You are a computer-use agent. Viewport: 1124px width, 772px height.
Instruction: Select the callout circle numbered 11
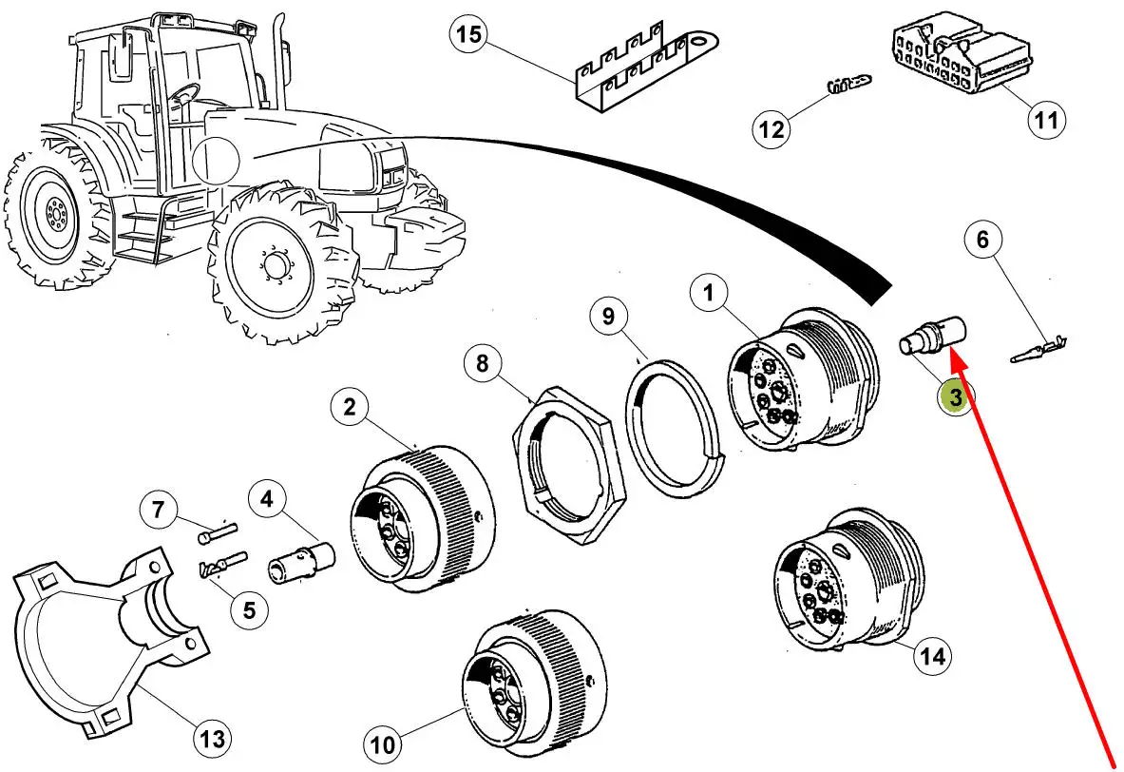click(x=1045, y=121)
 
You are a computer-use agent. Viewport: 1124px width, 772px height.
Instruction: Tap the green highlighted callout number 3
click(x=954, y=397)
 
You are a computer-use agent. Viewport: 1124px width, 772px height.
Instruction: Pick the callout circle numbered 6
click(x=983, y=240)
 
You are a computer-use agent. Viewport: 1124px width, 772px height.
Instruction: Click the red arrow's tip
click(x=952, y=350)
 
